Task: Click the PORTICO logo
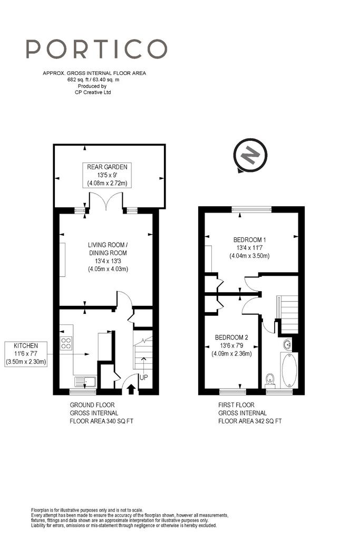[96, 49]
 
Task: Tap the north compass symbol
[250, 156]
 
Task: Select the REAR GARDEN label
[107, 175]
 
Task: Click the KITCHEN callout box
[26, 354]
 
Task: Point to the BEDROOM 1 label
[249, 248]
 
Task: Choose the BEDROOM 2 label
[231, 345]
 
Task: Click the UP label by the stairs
[143, 377]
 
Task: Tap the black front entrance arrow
[131, 390]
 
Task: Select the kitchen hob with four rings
[66, 343]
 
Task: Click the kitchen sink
[85, 382]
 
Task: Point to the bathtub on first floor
[289, 370]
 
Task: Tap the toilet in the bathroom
[270, 380]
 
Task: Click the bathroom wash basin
[287, 344]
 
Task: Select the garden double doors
[106, 201]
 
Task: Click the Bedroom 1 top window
[251, 209]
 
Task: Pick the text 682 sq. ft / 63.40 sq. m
[94, 80]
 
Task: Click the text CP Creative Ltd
[93, 92]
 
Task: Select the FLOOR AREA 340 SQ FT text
[102, 421]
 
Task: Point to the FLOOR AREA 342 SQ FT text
[250, 421]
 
